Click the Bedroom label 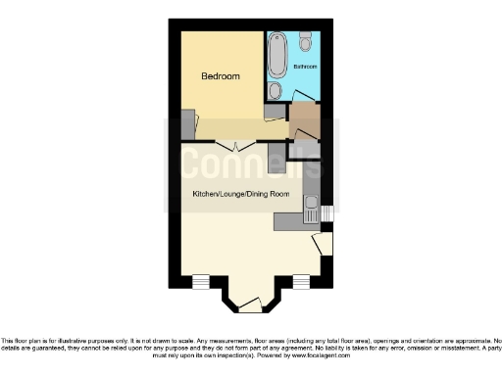(x=220, y=76)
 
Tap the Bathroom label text (x=305, y=67)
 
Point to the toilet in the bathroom (x=306, y=41)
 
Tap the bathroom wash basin (x=275, y=91)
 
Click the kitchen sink (x=312, y=210)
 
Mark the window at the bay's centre (x=251, y=307)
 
